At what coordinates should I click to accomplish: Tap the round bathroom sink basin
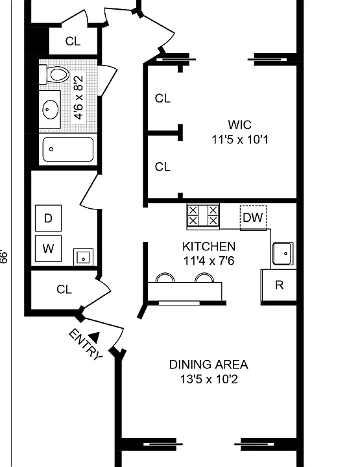(x=50, y=110)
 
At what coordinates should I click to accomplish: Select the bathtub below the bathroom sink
(x=68, y=149)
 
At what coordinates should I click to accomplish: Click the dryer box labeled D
(x=48, y=218)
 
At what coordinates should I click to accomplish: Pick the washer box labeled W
(x=48, y=248)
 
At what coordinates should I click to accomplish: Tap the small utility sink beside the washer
(x=84, y=257)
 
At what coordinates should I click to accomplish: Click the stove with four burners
(x=203, y=216)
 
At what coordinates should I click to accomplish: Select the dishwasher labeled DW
(x=253, y=218)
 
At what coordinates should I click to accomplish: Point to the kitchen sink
(x=283, y=254)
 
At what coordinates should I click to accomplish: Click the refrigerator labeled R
(x=279, y=285)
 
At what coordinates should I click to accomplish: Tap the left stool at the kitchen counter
(x=165, y=278)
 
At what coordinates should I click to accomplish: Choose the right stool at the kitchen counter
(x=204, y=278)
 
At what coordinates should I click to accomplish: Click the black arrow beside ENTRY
(x=95, y=337)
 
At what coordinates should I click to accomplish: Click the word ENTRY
(x=86, y=344)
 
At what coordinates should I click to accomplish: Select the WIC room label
(x=240, y=125)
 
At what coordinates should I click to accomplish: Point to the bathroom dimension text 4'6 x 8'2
(x=78, y=97)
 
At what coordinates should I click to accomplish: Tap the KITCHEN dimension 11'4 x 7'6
(x=209, y=261)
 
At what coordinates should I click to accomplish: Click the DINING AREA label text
(x=208, y=365)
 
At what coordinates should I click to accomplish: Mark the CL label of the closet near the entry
(x=64, y=289)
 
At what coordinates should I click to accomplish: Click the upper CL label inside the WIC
(x=163, y=99)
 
